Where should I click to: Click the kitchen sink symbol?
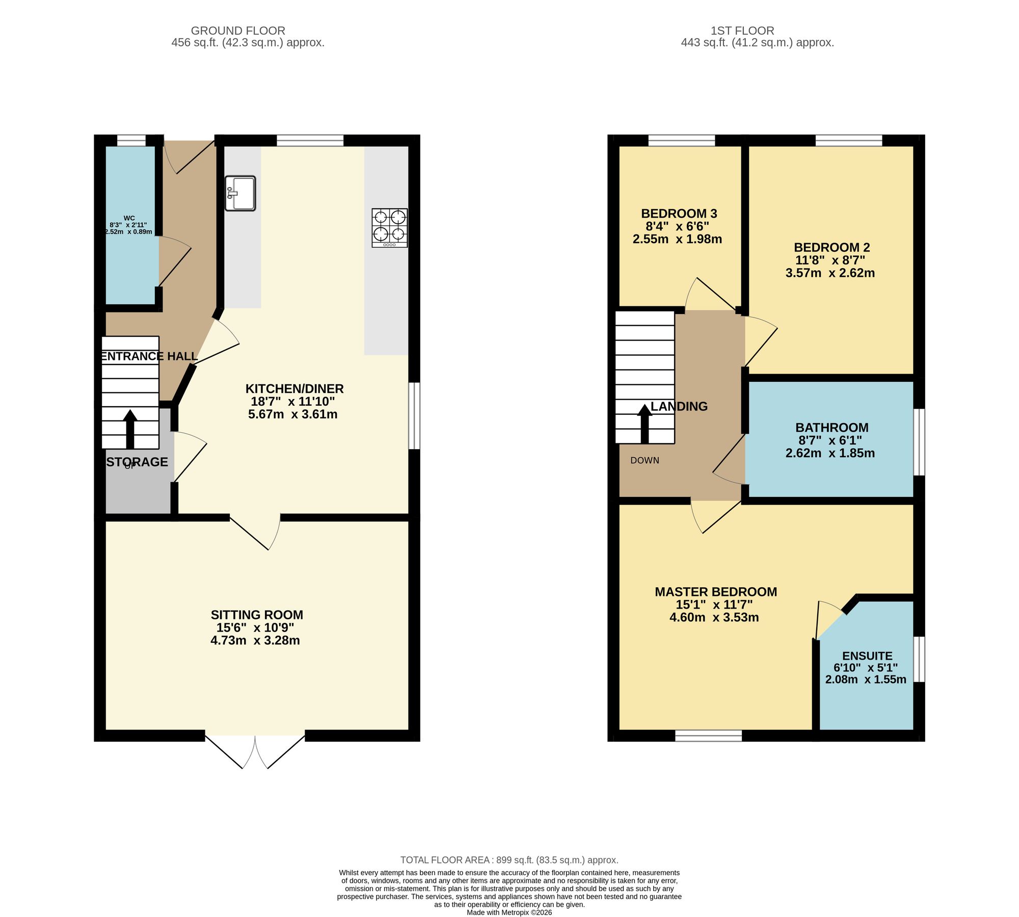[x=240, y=193]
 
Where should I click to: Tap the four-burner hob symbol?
[x=390, y=228]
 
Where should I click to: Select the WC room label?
[x=129, y=218]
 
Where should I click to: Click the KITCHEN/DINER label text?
[x=294, y=389]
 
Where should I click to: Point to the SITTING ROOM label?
[x=257, y=615]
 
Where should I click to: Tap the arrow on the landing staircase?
[x=645, y=423]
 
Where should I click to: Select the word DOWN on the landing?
[x=645, y=460]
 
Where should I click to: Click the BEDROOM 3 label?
[x=679, y=214]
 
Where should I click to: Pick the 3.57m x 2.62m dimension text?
[x=830, y=273]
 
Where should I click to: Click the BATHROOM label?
[x=832, y=428]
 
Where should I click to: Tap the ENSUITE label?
[x=867, y=656]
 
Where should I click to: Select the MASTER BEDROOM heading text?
[x=715, y=592]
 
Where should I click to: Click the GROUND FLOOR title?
[x=238, y=31]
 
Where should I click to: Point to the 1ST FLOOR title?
[x=742, y=31]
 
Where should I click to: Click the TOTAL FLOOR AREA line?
[x=509, y=860]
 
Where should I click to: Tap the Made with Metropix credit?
[x=509, y=912]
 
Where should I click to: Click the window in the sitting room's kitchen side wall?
[x=415, y=416]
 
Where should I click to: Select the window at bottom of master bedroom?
[x=708, y=736]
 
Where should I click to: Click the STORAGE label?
[x=137, y=462]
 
